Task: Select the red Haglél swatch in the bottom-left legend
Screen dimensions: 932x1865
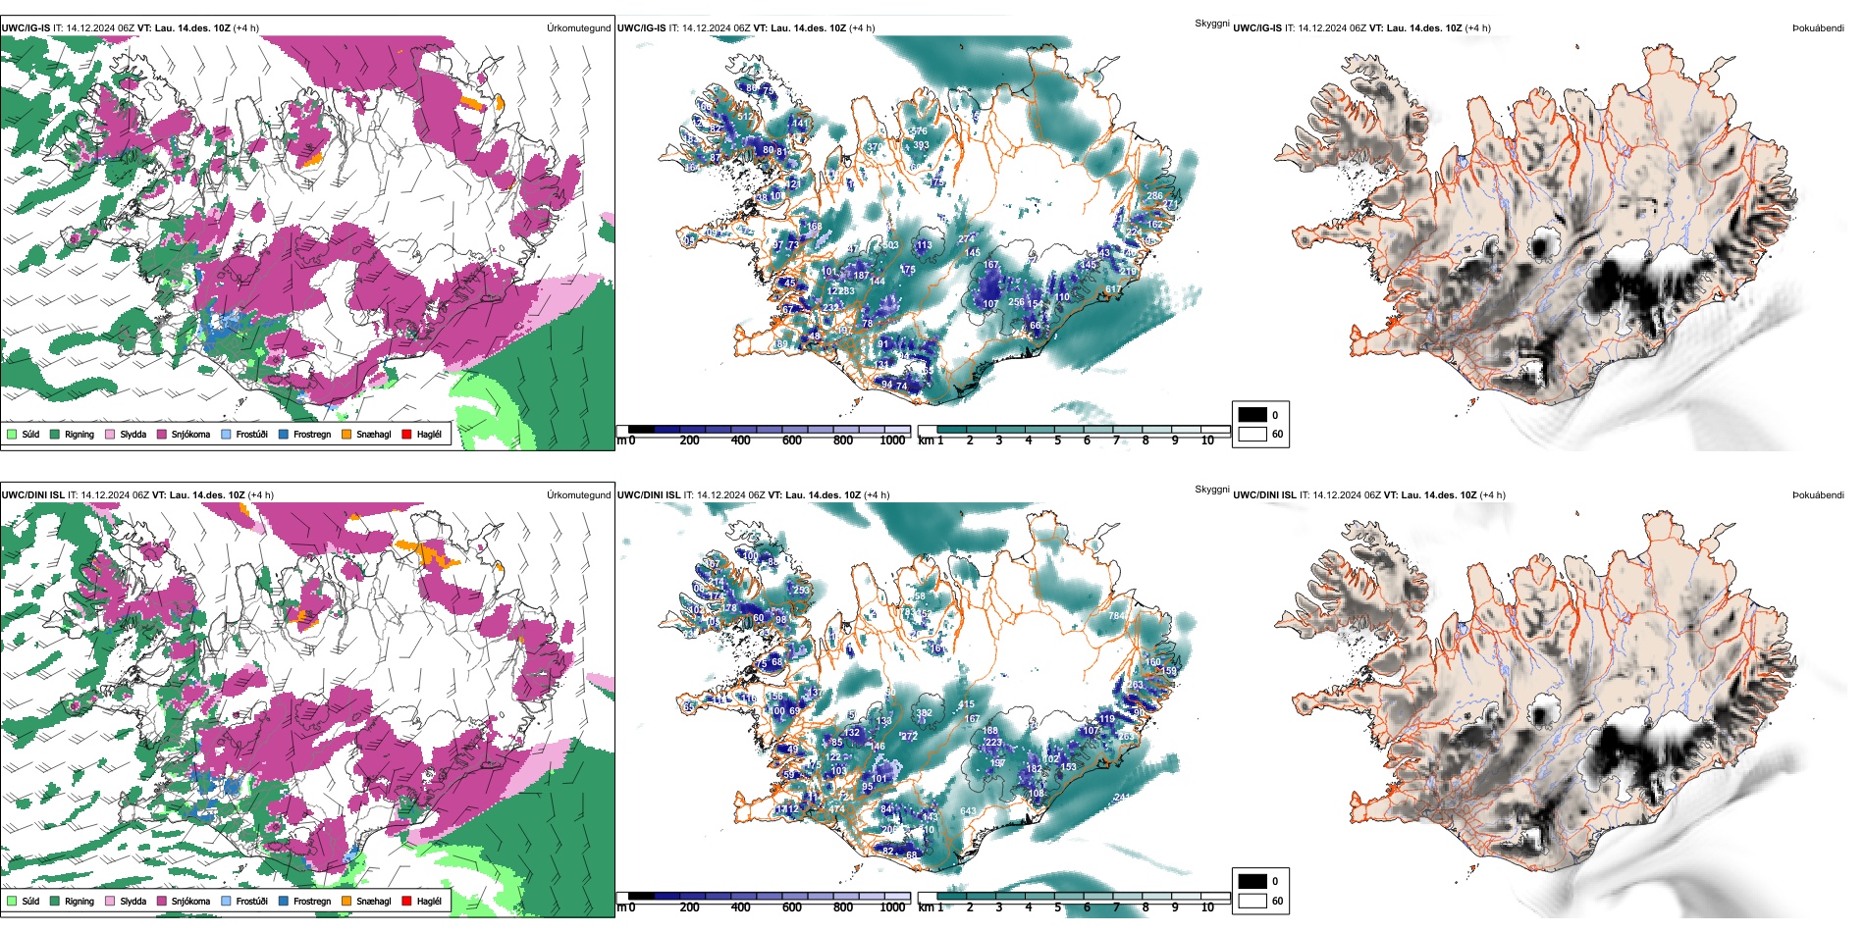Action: [406, 901]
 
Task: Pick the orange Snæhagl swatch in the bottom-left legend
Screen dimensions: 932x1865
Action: [346, 901]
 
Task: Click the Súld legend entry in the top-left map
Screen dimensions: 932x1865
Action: [24, 434]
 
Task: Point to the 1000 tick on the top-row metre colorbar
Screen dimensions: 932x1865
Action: [892, 440]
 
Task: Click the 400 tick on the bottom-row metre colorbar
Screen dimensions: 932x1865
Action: [740, 907]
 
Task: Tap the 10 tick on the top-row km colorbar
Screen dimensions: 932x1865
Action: [1207, 440]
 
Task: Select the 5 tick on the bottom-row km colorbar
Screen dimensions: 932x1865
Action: [1057, 907]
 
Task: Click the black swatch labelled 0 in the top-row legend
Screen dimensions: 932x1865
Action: [1252, 415]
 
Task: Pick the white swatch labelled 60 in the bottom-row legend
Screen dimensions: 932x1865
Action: [1252, 901]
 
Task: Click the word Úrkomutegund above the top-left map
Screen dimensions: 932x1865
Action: [578, 28]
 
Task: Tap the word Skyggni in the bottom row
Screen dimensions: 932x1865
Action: [1211, 489]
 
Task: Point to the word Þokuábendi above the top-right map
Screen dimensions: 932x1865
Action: [1818, 28]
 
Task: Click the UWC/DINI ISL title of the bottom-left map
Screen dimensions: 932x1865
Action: [32, 495]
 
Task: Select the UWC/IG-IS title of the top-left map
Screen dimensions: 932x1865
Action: [26, 28]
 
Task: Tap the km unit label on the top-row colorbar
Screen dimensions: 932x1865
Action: [925, 440]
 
